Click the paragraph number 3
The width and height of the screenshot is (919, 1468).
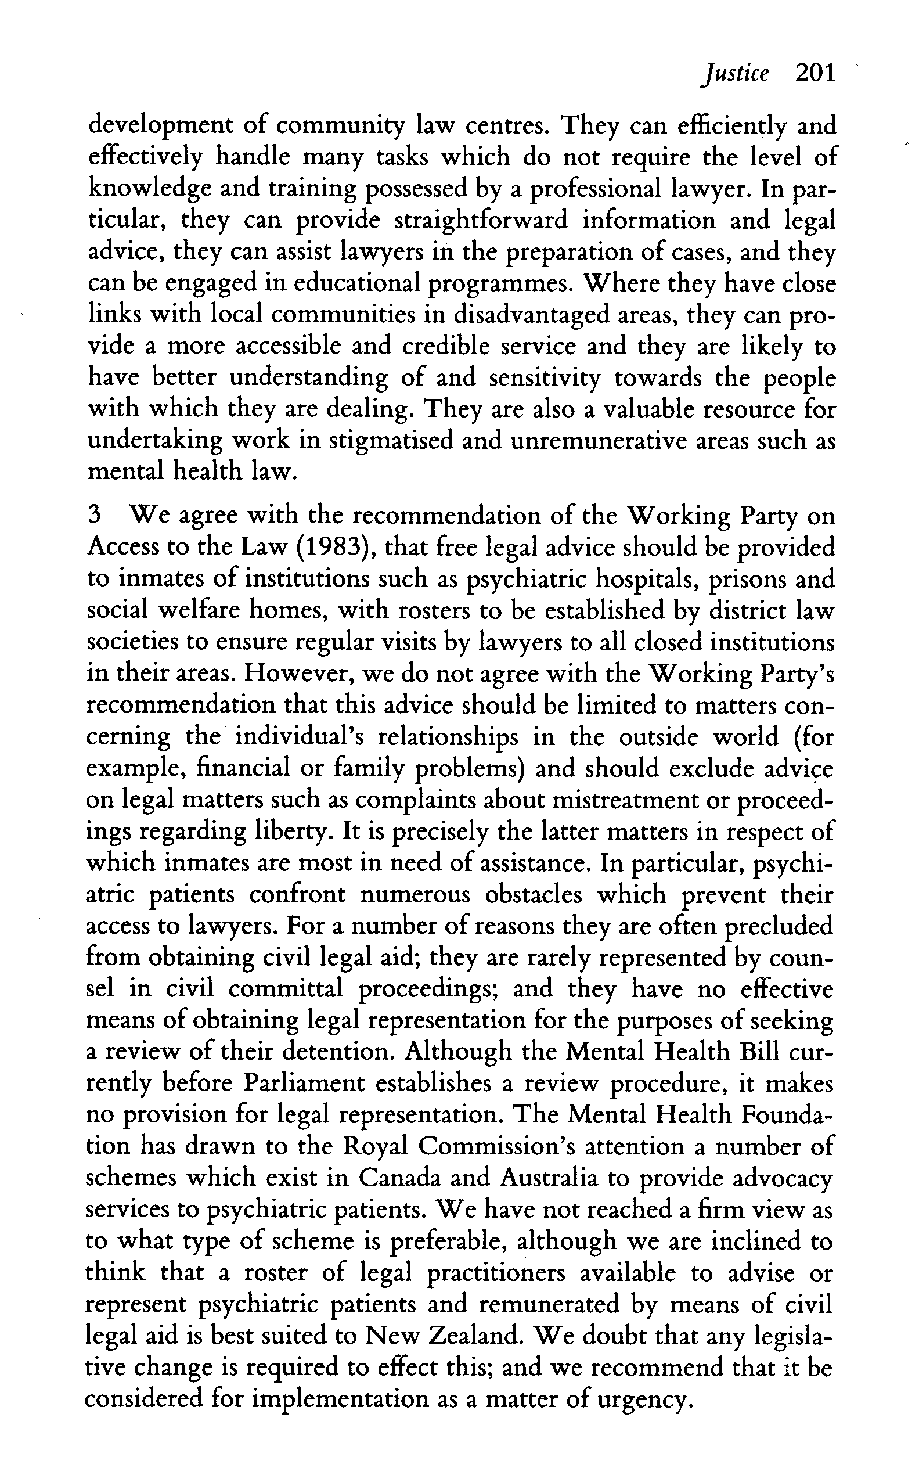(x=94, y=516)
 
